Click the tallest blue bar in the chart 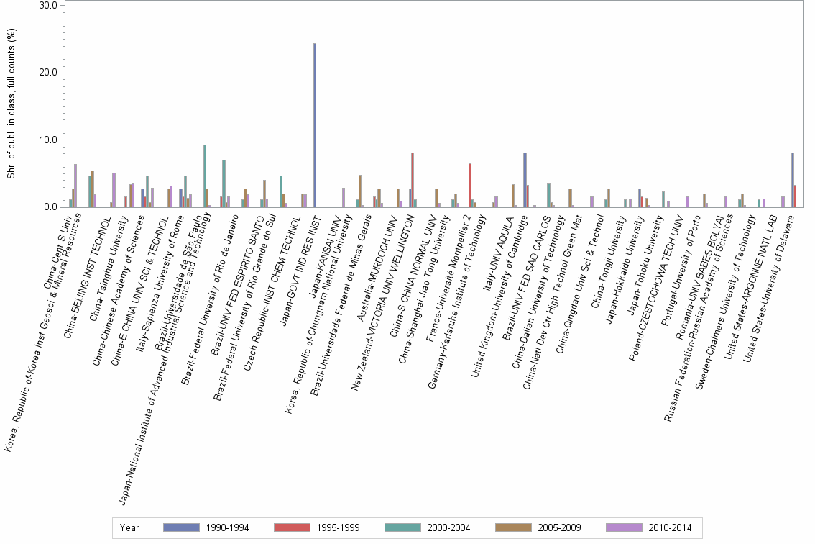click(315, 125)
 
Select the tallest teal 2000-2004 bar click(205, 176)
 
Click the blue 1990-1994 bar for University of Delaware click(792, 180)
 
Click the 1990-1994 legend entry click(208, 528)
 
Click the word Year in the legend click(129, 528)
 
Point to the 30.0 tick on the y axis click(48, 5)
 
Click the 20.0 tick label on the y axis click(48, 73)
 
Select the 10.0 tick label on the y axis click(48, 140)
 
